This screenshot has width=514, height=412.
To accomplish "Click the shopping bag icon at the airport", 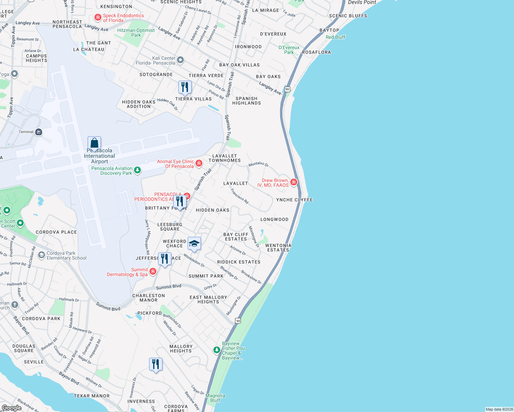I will pyautogui.click(x=94, y=142).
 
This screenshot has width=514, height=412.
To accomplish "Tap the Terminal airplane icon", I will pyautogui.click(x=39, y=132).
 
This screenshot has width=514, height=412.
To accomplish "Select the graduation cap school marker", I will pyautogui.click(x=194, y=243).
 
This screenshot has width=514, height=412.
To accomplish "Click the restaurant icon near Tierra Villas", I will pyautogui.click(x=185, y=87).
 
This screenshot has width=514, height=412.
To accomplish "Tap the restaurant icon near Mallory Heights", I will pyautogui.click(x=156, y=364).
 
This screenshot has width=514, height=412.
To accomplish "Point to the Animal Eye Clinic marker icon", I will pyautogui.click(x=199, y=163).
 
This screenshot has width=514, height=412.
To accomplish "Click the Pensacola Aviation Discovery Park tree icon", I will pyautogui.click(x=137, y=170).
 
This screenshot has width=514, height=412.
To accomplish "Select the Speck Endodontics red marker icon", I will pyautogui.click(x=98, y=17).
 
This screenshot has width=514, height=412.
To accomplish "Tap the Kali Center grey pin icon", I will pyautogui.click(x=180, y=60).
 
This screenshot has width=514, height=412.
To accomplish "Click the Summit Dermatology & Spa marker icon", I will pyautogui.click(x=153, y=271).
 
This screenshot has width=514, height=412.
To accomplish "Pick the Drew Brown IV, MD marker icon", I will pyautogui.click(x=294, y=182).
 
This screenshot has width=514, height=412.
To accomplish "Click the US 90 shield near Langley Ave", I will pyautogui.click(x=288, y=89).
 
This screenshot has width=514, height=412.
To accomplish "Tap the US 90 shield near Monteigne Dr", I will pyautogui.click(x=238, y=321).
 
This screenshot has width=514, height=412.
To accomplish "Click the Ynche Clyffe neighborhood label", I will pyautogui.click(x=294, y=200).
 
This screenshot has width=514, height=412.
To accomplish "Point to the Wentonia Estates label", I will pyautogui.click(x=278, y=248).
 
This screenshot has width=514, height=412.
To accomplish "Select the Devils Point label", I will pyautogui.click(x=362, y=2).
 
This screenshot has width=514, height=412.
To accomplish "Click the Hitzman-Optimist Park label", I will pyautogui.click(x=136, y=33).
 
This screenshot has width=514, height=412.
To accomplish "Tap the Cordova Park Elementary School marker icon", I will pyautogui.click(x=42, y=255).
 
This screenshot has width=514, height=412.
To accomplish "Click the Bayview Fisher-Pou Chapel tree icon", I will pyautogui.click(x=216, y=350).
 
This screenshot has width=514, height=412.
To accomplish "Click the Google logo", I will pyautogui.click(x=11, y=408).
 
